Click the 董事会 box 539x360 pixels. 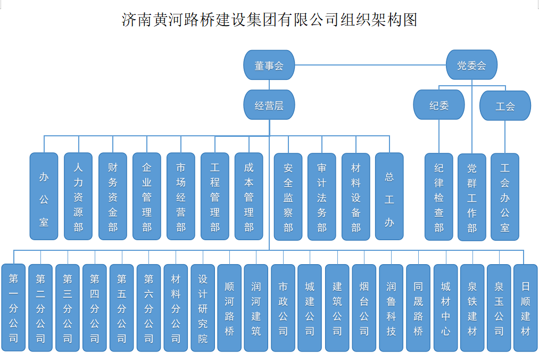[x=269, y=66]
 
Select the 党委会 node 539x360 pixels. [x=471, y=66]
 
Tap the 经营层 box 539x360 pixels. [x=269, y=105]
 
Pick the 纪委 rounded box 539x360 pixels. [x=439, y=105]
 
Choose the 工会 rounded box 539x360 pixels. [x=505, y=105]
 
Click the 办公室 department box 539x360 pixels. [x=44, y=197]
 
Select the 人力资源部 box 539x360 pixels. [x=78, y=197]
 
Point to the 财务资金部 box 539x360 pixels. [x=112, y=197]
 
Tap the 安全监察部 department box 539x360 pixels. [x=288, y=197]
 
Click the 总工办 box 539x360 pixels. [x=389, y=197]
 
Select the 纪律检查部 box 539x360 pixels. [x=439, y=197]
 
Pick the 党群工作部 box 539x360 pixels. [x=472, y=197]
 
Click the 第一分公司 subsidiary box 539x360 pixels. [x=13, y=308]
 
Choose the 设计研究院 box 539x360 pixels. [x=203, y=308]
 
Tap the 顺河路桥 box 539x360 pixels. [x=229, y=308]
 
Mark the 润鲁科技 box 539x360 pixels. [x=391, y=308]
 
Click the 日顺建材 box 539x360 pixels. [x=526, y=308]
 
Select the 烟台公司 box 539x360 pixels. [x=364, y=308]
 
